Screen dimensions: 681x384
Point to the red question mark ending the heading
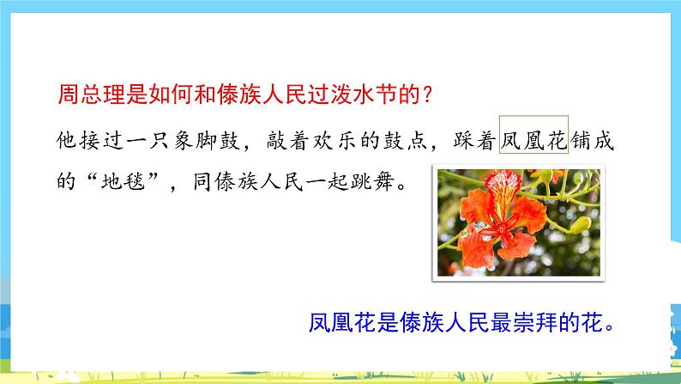(x=427, y=94)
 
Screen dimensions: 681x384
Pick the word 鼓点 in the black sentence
(x=404, y=141)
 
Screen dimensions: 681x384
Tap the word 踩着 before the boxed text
(x=474, y=141)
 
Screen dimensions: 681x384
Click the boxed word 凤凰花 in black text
(x=533, y=141)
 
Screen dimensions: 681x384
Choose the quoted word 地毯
(x=123, y=180)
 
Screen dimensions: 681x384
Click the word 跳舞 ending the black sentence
(x=372, y=180)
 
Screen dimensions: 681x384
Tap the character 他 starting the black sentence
(x=67, y=141)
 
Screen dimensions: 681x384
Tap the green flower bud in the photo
(x=581, y=225)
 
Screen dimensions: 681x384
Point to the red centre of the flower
(x=502, y=229)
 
